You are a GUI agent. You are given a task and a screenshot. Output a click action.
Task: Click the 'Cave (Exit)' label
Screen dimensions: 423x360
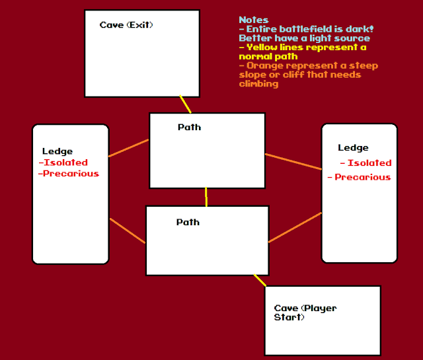[126, 25]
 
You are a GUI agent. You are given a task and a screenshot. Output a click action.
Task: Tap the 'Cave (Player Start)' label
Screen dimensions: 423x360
[305, 312]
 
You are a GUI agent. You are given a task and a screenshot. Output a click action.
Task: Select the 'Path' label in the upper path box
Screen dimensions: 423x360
[190, 127]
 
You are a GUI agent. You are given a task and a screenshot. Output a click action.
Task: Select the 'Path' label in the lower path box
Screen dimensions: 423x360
[188, 222]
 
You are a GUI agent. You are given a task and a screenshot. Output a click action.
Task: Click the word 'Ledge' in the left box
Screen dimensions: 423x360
[58, 151]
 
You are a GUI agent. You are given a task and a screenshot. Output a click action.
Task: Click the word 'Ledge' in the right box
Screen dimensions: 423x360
[353, 147]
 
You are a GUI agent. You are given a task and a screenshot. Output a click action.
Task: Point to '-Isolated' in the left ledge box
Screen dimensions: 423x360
[63, 162]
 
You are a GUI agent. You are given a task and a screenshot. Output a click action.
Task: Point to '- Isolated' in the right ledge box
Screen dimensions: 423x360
[365, 162]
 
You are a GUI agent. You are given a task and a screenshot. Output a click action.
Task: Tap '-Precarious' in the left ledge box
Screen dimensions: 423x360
[69, 174]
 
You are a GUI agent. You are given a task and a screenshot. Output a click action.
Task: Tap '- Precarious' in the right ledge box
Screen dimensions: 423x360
[359, 177]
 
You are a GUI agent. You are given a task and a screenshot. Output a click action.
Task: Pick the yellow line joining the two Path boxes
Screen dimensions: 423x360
[206, 197]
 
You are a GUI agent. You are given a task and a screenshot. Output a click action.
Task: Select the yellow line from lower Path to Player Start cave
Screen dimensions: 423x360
[259, 281]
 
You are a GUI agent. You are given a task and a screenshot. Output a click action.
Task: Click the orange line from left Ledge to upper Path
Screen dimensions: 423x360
[128, 148]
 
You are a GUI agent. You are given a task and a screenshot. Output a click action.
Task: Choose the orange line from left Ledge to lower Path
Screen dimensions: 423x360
[128, 231]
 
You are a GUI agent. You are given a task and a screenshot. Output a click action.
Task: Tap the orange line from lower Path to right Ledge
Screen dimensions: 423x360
[295, 228]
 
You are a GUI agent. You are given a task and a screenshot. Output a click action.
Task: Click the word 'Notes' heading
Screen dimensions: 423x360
[253, 20]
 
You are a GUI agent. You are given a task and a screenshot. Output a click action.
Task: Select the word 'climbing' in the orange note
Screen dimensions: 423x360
[258, 84]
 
